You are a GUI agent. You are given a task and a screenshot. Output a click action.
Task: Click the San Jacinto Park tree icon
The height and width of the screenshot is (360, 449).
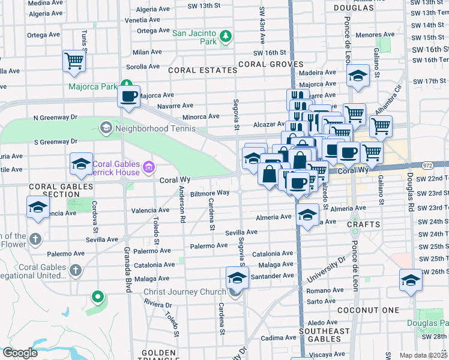[x=225, y=37]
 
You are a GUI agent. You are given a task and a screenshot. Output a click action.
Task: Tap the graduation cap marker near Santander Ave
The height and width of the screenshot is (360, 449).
[x=237, y=278]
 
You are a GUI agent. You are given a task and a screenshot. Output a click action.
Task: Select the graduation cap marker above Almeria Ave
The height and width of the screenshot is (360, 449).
[x=307, y=215]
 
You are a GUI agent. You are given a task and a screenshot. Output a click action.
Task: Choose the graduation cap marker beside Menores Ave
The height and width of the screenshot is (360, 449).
[x=358, y=77]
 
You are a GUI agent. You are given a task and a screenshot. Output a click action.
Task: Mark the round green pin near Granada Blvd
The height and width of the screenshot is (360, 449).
[x=97, y=297]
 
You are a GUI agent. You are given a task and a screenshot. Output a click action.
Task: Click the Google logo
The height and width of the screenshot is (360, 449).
[x=20, y=353]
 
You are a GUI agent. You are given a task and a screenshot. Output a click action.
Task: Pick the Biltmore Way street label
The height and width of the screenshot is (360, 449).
[x=209, y=193]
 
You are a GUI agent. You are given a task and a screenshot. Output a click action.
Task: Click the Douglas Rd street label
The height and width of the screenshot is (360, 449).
[x=409, y=188]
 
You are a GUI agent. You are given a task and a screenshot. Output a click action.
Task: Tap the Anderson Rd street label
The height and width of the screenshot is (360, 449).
[x=181, y=205]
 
